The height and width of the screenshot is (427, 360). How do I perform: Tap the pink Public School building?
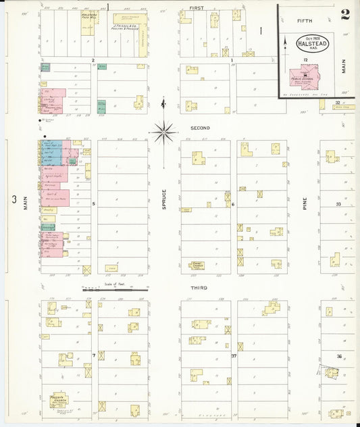[x=305, y=75]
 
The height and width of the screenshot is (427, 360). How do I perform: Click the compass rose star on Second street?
[x=163, y=131]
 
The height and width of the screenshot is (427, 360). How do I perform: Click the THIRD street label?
[x=199, y=287]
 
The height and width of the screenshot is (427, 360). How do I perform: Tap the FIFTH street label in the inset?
[x=305, y=21]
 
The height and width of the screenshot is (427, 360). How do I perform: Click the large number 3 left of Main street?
[x=13, y=199]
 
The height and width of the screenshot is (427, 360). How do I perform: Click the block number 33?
[x=339, y=203]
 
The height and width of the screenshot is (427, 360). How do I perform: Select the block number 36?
[x=340, y=355]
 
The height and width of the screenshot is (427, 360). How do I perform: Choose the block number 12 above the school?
[x=305, y=60]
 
